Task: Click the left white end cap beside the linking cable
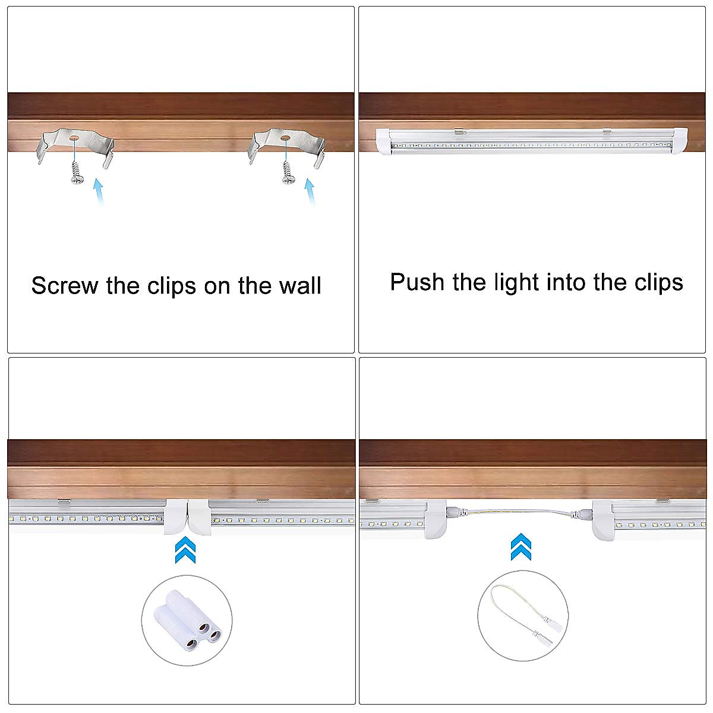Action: [x=437, y=519]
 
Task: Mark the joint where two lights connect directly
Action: [x=186, y=517]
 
